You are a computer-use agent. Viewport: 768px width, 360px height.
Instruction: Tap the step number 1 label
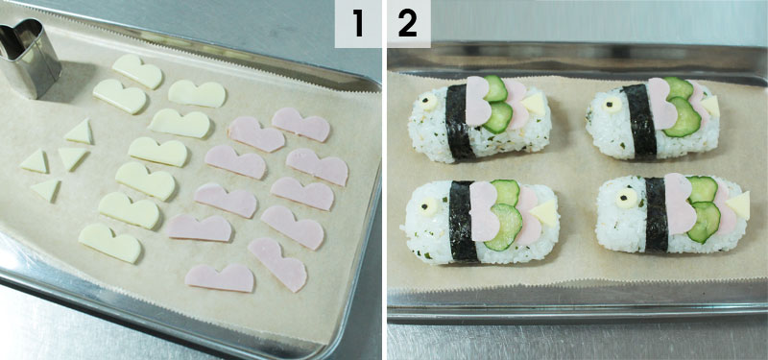click(358, 24)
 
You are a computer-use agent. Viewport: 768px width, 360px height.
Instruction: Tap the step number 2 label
click(408, 24)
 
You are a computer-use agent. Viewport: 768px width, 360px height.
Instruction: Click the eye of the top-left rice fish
click(429, 102)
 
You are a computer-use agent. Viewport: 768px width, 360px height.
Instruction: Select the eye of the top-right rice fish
click(612, 104)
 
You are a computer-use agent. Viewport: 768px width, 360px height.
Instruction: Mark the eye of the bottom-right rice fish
click(627, 199)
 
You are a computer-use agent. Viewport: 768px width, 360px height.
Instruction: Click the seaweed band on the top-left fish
click(459, 122)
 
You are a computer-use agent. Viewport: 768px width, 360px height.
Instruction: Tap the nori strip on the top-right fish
click(640, 121)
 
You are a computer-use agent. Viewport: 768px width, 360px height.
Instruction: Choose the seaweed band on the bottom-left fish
click(462, 221)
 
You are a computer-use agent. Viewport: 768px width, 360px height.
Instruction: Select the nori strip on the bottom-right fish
click(657, 214)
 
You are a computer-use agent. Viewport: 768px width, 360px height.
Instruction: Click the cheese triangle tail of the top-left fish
click(534, 104)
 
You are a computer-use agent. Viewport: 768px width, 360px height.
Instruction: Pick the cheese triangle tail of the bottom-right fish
click(739, 204)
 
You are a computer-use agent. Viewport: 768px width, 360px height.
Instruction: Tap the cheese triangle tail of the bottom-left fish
click(544, 212)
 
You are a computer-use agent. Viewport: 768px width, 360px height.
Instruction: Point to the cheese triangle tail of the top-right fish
click(711, 106)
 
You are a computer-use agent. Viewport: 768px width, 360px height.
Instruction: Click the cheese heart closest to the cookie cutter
click(119, 96)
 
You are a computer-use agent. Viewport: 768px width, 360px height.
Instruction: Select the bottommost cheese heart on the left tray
click(110, 243)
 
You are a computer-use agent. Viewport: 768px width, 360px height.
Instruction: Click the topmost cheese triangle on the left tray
click(80, 132)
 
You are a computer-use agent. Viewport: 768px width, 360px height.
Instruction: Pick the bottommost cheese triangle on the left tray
click(46, 189)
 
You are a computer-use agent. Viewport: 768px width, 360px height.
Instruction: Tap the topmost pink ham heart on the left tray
click(300, 125)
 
